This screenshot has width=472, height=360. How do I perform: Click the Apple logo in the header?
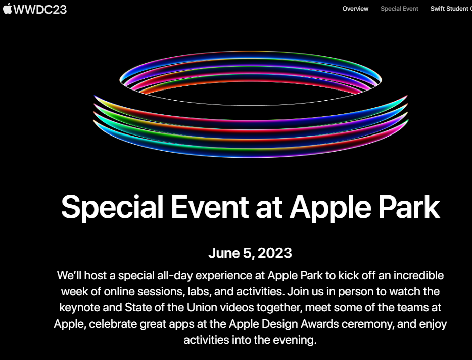pos(8,9)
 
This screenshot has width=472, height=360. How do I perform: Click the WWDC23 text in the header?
pos(40,9)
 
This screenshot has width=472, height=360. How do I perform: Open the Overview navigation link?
pos(355,9)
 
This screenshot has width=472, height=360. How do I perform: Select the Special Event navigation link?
pos(399,9)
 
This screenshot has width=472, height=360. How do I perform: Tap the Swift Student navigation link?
pos(451,9)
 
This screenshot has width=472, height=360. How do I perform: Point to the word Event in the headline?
pos(210,207)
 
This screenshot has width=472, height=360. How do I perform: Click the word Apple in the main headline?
pos(331,208)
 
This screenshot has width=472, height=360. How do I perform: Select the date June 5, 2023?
pos(250,253)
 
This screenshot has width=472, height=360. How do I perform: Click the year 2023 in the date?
pos(275,253)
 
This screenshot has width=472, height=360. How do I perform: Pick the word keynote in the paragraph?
pos(79,308)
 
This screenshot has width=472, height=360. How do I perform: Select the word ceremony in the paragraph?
pos(368,325)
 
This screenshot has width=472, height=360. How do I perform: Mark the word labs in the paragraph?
pos(197,292)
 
